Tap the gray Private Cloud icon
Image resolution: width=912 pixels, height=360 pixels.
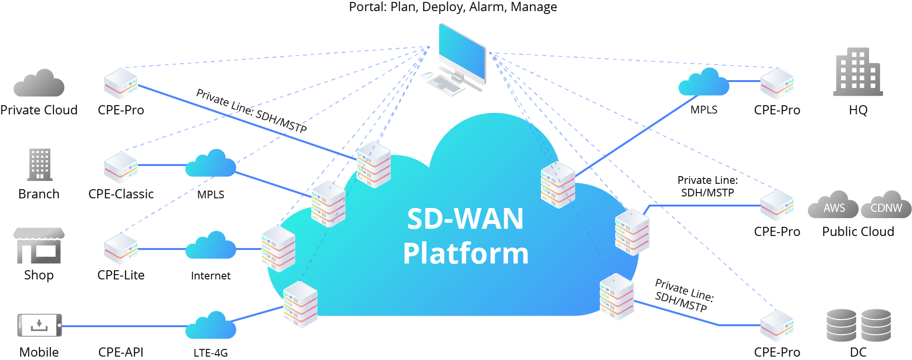click(x=39, y=83)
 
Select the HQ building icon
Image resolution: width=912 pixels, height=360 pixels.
click(x=858, y=71)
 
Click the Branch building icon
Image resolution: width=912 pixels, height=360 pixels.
click(x=40, y=165)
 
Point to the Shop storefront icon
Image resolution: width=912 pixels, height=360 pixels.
click(x=39, y=246)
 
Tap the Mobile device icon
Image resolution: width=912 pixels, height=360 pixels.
click(x=40, y=325)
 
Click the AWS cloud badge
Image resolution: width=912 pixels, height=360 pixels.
click(x=833, y=205)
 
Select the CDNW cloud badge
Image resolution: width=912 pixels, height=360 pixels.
click(x=886, y=205)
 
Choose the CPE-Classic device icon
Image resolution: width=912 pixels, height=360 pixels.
click(x=121, y=167)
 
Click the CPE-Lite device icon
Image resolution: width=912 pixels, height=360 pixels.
click(x=121, y=248)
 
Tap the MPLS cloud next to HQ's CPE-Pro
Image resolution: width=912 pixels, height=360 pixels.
click(x=704, y=82)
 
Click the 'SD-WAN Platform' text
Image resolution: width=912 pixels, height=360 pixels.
click(x=466, y=236)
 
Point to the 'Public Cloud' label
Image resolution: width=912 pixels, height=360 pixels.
click(x=858, y=232)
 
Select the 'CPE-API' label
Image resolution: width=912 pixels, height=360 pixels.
click(x=121, y=352)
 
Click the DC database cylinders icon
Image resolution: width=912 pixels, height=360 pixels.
click(x=858, y=325)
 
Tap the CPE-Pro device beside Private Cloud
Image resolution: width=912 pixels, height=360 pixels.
click(x=121, y=83)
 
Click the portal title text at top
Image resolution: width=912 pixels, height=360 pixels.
click(x=453, y=7)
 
